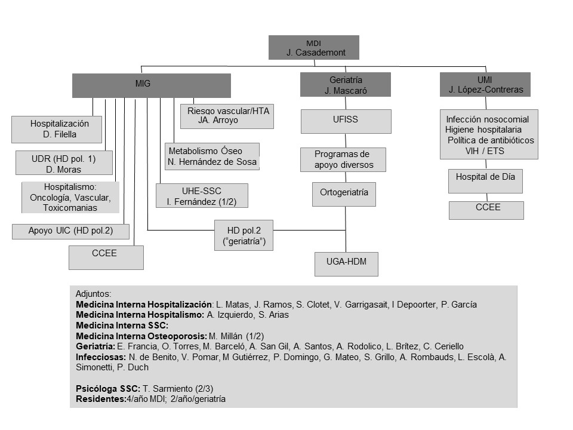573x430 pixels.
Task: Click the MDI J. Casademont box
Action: pos(313,47)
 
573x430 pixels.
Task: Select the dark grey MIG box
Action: pos(151,85)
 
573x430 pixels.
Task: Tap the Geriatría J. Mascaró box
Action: pos(345,85)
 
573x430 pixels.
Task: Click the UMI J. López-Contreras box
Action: pos(485,84)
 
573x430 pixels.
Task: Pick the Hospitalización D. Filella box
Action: pos(57,129)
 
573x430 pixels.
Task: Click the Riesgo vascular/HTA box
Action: pos(227,116)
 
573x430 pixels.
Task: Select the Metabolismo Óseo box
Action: pos(212,156)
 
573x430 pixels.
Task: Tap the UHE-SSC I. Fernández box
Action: pos(202,196)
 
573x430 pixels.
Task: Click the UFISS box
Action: pos(346,121)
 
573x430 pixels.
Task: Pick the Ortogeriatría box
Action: pos(344,193)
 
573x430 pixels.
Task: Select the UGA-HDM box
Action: pos(346,263)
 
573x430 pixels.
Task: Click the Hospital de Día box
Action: pos(485,181)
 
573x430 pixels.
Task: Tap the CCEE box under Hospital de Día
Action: pos(486,210)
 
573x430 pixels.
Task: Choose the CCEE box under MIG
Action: pos(106,257)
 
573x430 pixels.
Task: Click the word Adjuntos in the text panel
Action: pos(93,294)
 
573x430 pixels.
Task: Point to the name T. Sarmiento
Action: pos(172,389)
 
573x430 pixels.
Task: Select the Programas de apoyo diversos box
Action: pos(343,159)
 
